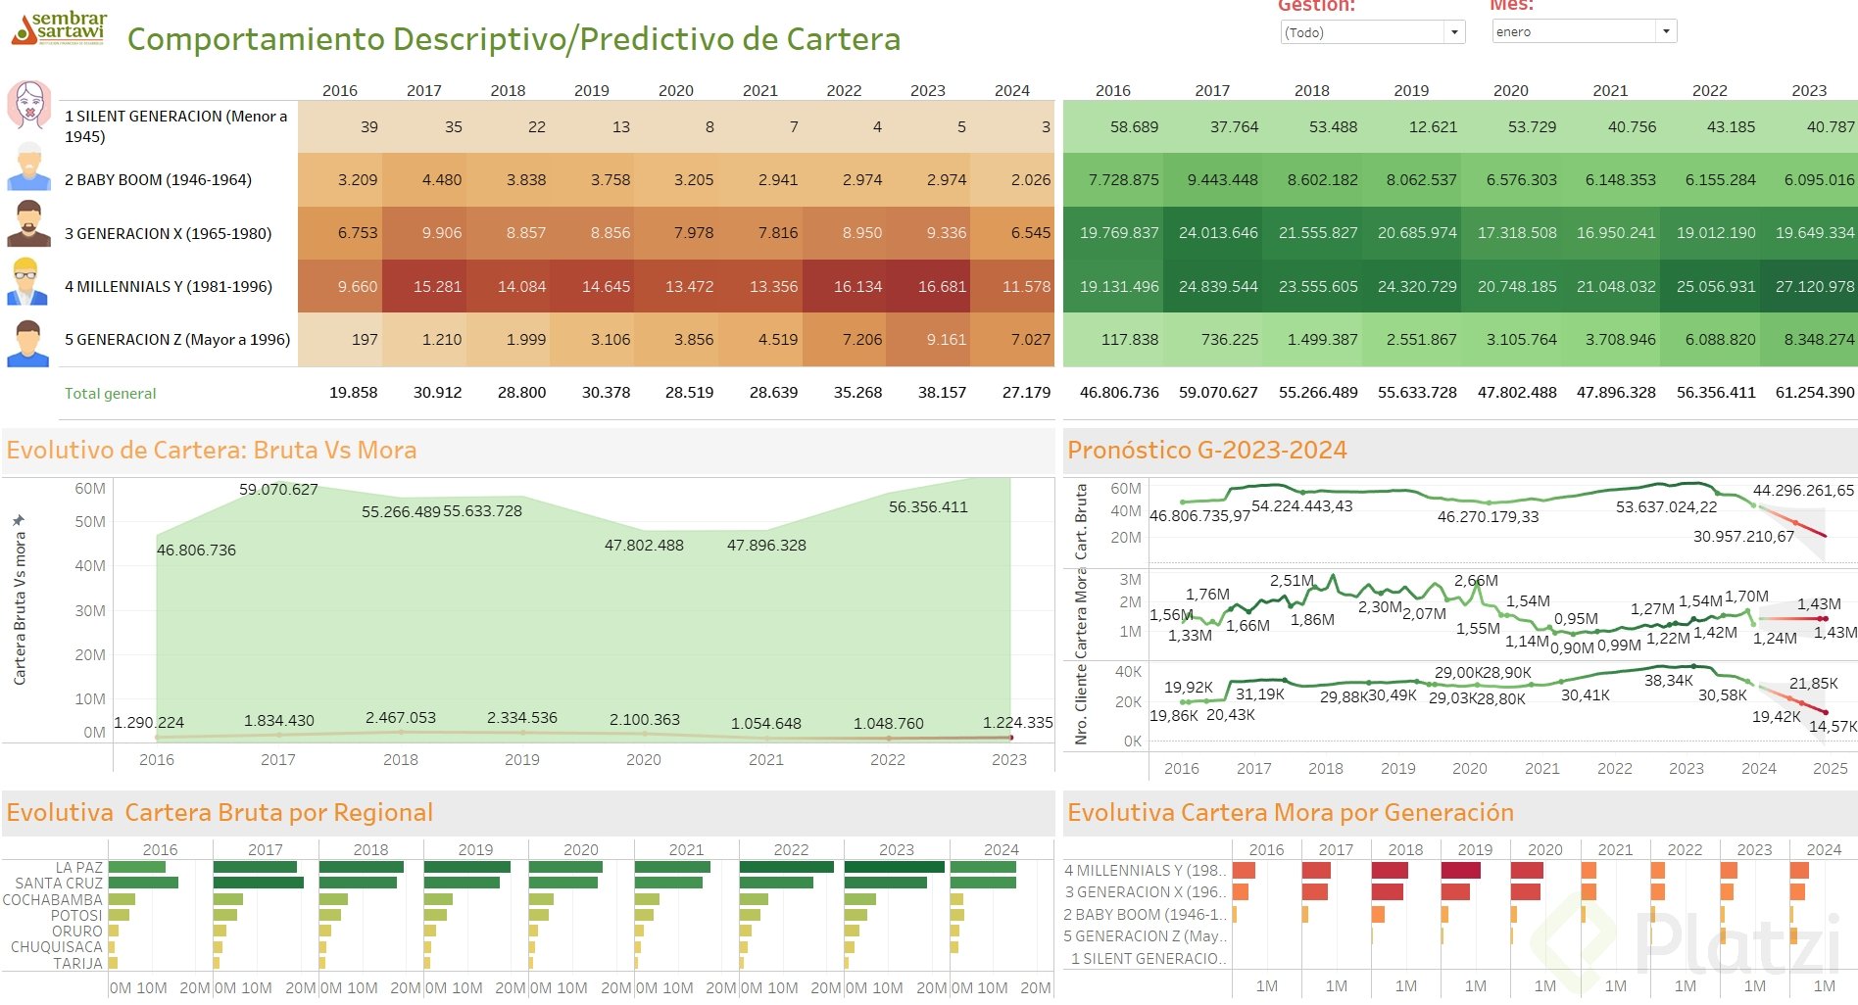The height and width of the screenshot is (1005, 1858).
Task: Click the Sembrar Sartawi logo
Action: click(59, 29)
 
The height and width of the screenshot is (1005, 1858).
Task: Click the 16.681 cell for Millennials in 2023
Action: click(941, 287)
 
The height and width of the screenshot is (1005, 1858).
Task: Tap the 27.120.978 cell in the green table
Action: click(1814, 287)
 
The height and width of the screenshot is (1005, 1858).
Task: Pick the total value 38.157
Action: click(941, 393)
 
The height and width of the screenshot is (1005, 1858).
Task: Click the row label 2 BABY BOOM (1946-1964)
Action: click(158, 180)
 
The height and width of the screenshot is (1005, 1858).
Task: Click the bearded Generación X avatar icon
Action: click(28, 223)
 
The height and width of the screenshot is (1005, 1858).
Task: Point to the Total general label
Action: click(110, 394)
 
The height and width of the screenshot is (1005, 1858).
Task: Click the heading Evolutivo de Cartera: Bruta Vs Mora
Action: click(211, 451)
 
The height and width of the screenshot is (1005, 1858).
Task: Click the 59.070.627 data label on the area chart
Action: click(278, 490)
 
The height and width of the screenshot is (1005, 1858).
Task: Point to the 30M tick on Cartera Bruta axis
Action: click(90, 611)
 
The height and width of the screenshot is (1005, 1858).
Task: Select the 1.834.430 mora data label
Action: click(278, 721)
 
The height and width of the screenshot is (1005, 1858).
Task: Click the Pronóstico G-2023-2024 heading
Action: click(1206, 451)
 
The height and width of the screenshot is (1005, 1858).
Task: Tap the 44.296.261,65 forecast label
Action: click(1802, 491)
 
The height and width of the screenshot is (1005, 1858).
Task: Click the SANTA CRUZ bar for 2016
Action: click(143, 884)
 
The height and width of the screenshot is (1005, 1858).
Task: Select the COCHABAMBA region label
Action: click(52, 899)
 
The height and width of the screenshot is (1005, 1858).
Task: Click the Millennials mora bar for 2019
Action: click(1460, 871)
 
